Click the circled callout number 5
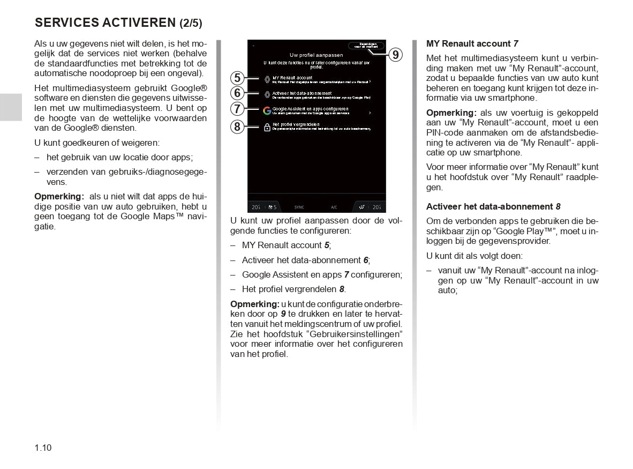tap(238, 78)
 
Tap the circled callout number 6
tap(238, 93)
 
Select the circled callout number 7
tap(238, 109)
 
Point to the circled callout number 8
tap(238, 126)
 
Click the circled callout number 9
tap(395, 55)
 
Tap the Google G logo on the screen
tap(267, 111)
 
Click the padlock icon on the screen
tap(267, 127)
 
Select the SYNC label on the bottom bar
tap(299, 207)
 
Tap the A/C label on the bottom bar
tap(334, 207)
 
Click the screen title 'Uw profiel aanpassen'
tap(316, 55)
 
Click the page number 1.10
tap(43, 448)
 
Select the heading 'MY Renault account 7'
tap(472, 43)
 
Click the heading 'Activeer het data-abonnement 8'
tap(493, 206)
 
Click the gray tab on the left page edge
tap(11, 107)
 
